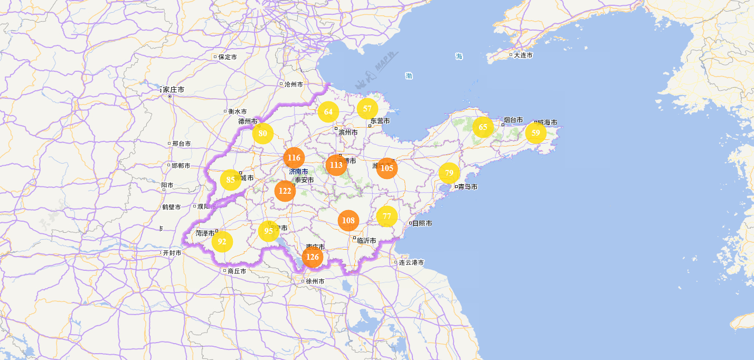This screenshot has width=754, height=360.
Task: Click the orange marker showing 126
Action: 313,257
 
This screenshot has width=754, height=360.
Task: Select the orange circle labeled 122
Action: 285,191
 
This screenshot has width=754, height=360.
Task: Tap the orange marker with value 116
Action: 294,157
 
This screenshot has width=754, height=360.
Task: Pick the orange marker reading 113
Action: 336,165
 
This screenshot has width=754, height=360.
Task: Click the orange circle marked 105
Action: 387,168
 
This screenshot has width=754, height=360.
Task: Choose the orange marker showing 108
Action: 348,220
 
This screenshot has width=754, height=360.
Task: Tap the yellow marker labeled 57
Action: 367,109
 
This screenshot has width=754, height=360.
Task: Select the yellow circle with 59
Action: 536,132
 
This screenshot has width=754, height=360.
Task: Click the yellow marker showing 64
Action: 328,111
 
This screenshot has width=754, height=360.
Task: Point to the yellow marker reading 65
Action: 483,127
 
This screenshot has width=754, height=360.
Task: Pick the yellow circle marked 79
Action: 449,173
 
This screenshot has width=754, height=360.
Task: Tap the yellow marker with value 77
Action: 387,216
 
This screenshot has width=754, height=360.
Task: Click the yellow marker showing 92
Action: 222,242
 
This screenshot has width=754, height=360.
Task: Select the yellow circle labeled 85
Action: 231,180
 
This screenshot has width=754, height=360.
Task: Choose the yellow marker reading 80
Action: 262,133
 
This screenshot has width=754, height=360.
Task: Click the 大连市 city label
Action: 523,55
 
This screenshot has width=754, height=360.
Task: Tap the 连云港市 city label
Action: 411,262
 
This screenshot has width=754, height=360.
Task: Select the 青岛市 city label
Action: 467,187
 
